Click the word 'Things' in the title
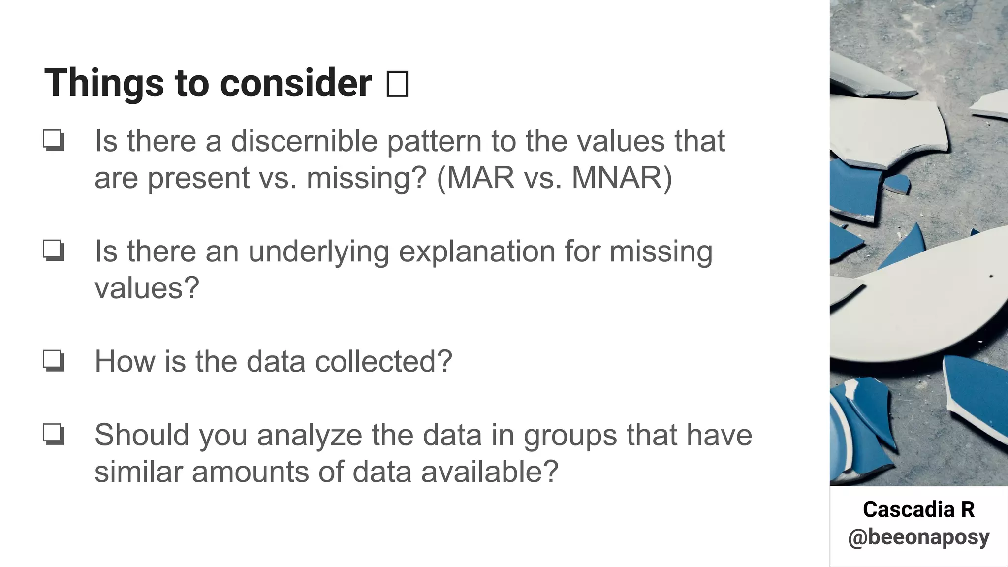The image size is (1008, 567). point(104,83)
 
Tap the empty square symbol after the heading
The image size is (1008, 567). point(397,84)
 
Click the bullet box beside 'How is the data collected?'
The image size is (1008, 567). point(53,361)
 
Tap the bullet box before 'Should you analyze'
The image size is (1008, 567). point(53,435)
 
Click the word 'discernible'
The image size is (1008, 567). point(304,141)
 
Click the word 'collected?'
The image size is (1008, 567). point(383,362)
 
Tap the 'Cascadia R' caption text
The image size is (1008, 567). point(918,510)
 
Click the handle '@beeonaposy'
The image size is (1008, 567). point(918,537)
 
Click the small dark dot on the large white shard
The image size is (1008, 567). point(991,277)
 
